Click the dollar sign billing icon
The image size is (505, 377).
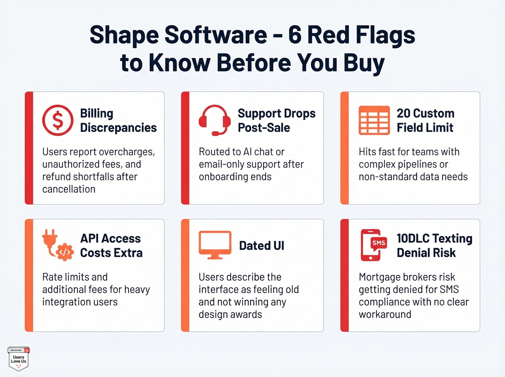click(x=58, y=120)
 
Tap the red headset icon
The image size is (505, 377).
click(x=215, y=120)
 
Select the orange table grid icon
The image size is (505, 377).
click(x=374, y=120)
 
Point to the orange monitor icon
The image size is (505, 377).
click(x=215, y=245)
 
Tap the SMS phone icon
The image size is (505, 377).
click(x=373, y=245)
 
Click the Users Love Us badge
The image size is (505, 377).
click(x=18, y=359)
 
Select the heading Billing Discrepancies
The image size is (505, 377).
click(x=118, y=120)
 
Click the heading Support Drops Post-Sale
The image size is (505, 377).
click(x=276, y=120)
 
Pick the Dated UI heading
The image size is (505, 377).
click(x=262, y=246)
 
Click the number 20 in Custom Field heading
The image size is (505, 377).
click(x=403, y=113)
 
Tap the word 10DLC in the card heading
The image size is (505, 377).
click(x=413, y=238)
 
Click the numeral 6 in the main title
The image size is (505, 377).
click(x=295, y=35)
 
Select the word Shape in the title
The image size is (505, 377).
click(x=124, y=35)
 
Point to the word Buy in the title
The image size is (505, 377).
click(x=364, y=63)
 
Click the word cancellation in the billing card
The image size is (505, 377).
click(x=69, y=189)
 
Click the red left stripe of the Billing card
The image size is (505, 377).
click(x=29, y=148)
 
